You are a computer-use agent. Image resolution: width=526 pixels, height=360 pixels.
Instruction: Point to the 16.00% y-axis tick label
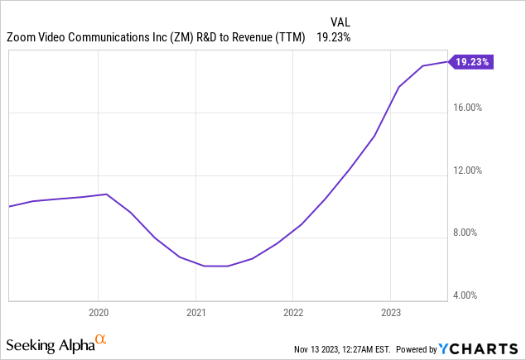472,108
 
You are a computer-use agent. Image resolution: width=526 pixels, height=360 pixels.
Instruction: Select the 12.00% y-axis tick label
472,170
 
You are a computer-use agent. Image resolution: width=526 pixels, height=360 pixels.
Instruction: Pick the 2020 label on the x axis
98,313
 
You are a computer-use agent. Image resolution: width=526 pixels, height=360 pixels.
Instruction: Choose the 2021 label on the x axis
195,313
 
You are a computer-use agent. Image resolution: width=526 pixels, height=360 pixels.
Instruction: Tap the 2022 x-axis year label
293,313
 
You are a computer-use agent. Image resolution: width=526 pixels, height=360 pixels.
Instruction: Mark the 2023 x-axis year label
391,313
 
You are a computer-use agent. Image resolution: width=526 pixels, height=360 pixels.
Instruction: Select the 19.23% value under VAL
332,37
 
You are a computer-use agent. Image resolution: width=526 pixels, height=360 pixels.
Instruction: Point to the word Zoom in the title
22,37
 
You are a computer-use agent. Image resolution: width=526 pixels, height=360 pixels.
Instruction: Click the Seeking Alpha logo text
50,343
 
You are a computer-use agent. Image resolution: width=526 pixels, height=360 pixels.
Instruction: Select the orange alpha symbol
101,339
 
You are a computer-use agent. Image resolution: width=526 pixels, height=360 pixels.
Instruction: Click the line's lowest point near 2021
215,266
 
